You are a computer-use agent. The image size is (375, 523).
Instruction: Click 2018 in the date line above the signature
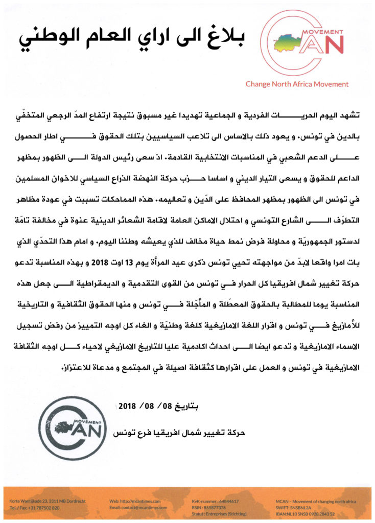(126, 407)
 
